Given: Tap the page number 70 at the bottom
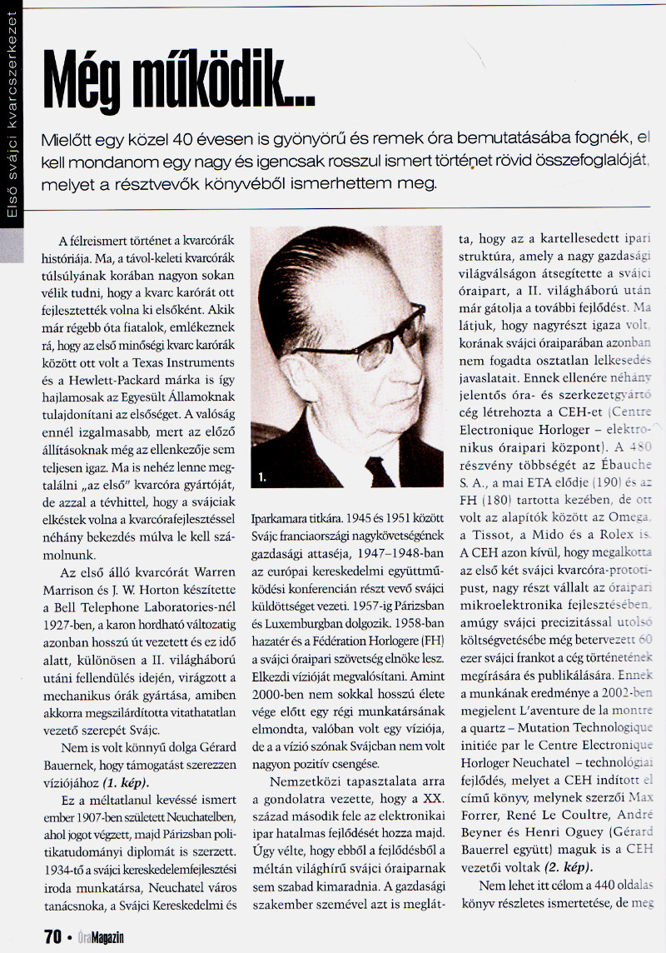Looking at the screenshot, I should [x=52, y=936].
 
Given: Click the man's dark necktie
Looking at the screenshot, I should [x=379, y=472].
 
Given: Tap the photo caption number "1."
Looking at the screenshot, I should [x=262, y=477].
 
